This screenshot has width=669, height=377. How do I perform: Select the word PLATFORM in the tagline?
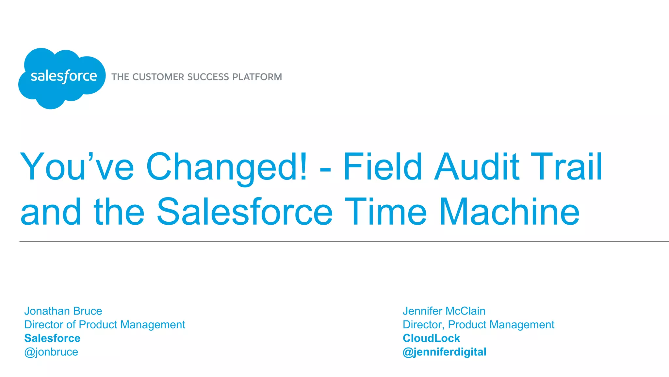(x=257, y=77)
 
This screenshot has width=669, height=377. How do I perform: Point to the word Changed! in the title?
(x=226, y=167)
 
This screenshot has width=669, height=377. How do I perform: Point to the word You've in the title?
(x=77, y=167)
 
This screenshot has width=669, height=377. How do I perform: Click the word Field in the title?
(x=383, y=167)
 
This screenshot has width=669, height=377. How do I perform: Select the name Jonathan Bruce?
(x=63, y=311)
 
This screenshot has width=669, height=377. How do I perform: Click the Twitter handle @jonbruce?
(x=51, y=352)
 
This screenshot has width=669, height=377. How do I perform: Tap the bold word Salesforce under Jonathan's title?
(x=52, y=338)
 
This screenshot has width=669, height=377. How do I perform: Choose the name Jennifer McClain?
(x=444, y=311)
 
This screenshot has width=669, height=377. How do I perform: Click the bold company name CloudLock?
(x=431, y=338)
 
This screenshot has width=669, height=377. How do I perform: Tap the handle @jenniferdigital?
(x=444, y=352)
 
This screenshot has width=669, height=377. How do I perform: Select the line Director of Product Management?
(x=105, y=325)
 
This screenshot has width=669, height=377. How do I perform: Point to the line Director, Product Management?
(x=478, y=325)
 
